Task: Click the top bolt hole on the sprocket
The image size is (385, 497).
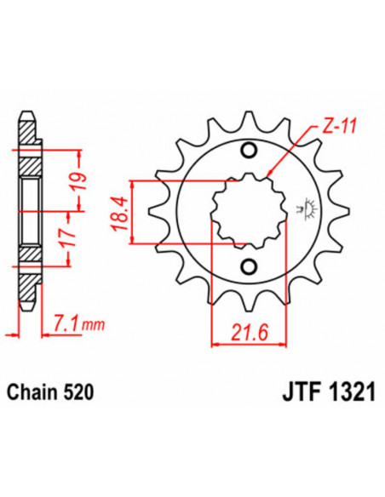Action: (249, 151)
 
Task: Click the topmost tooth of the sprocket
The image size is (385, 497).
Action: (249, 119)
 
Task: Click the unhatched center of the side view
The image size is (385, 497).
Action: (28, 209)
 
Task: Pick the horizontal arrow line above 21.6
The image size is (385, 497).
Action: (242, 345)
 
